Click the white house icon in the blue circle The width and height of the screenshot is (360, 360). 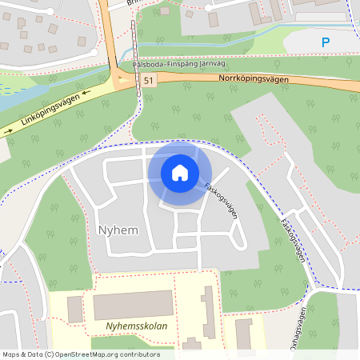click(180, 173)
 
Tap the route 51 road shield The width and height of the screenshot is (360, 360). click(148, 81)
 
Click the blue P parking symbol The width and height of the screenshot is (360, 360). click(325, 42)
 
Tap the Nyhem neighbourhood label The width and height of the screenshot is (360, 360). click(118, 230)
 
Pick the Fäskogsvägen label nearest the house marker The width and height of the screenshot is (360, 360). click(218, 191)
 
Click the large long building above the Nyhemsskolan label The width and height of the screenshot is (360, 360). click(133, 305)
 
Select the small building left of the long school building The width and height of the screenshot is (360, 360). click(74, 309)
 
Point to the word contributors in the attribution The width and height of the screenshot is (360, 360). click(139, 354)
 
